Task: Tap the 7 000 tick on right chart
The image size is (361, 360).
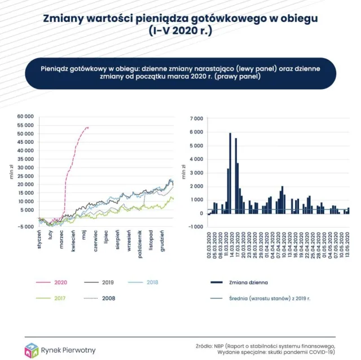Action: point(196,119)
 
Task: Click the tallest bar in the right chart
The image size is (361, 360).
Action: point(230,173)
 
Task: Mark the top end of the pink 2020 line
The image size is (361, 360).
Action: point(88,128)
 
